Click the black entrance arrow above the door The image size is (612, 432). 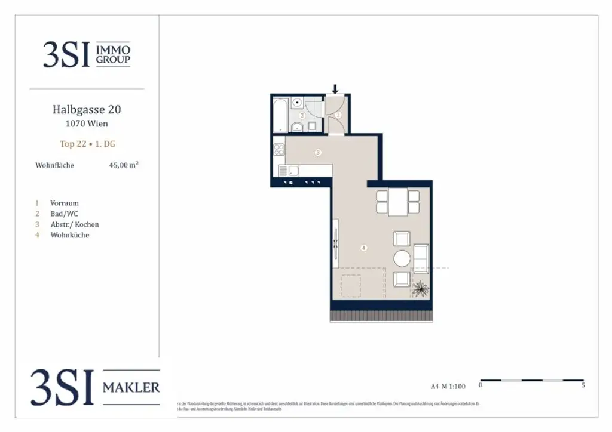coord(335,90)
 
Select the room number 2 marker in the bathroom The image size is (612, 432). coord(302,116)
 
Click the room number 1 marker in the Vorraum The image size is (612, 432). coord(338,115)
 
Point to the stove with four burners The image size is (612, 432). coord(279,149)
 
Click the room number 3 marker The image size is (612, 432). coord(318,153)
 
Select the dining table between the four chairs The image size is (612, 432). coord(397,202)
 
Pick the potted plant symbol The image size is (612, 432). coord(420,288)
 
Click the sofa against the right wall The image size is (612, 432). coord(421,258)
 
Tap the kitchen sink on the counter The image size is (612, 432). coord(293,171)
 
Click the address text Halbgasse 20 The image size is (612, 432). coord(87,110)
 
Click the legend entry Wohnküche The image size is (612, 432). coord(69,235)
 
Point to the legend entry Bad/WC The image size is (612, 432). coord(64,214)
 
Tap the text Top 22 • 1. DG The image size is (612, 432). coord(87,144)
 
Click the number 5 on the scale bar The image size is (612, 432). coord(583,385)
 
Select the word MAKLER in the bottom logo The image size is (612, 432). coord(131,388)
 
